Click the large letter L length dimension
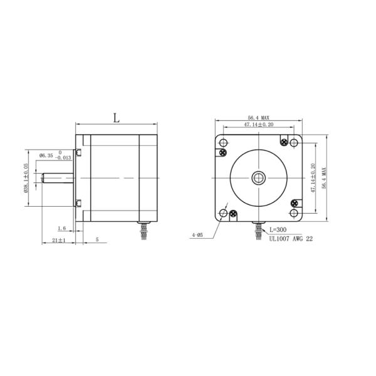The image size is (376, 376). coord(116,117)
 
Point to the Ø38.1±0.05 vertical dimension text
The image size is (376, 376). coord(26,179)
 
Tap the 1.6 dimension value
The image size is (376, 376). coord(61,229)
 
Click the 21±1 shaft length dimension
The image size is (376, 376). coord(59,240)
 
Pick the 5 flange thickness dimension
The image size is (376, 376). coord(97,240)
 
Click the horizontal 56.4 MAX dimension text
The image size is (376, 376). coord(258,118)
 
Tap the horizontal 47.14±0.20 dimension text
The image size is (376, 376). coord(258,125)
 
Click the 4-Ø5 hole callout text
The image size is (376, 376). coord(197,236)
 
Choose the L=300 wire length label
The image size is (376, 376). coord(278,230)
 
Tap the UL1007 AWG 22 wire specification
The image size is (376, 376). coord(291,238)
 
